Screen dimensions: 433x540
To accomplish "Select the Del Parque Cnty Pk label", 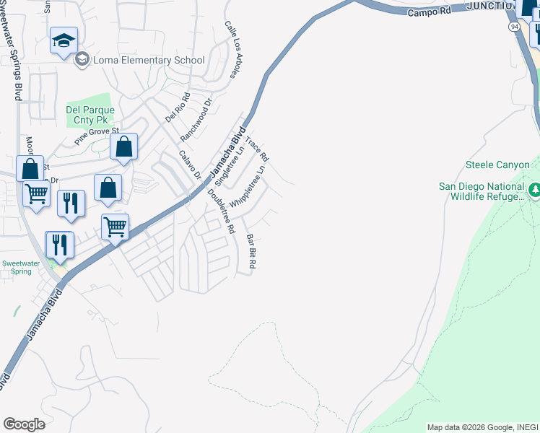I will [90, 115].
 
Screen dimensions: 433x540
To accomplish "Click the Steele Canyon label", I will [498, 165].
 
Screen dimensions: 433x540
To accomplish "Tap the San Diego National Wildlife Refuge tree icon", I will [535, 191].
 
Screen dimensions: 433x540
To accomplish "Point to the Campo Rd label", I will [429, 12].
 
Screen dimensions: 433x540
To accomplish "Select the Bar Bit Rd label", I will [251, 252].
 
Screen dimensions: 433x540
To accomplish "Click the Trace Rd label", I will [257, 149].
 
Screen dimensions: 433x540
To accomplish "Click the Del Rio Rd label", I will [178, 107].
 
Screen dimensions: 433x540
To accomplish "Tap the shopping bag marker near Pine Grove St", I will [124, 146].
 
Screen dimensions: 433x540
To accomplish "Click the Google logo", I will [23, 424].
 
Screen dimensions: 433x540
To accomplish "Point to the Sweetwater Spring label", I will [17, 268].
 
